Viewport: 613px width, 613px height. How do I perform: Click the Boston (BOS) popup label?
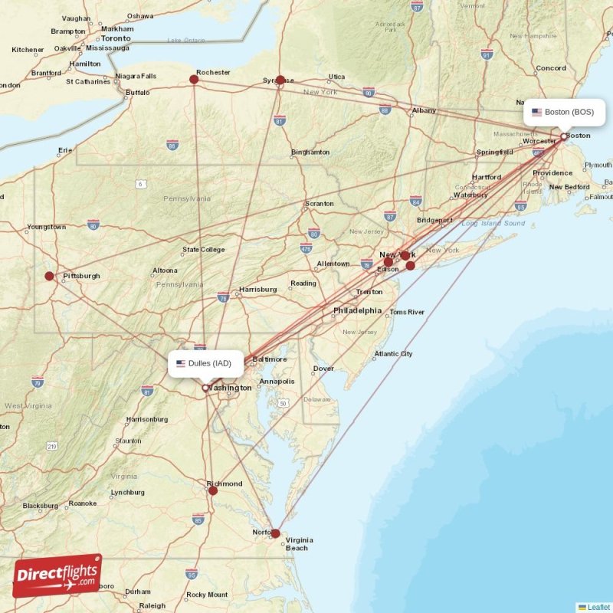[x=563, y=112]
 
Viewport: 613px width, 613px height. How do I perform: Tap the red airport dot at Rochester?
[x=194, y=79]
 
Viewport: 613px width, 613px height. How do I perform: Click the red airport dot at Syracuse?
[x=280, y=80]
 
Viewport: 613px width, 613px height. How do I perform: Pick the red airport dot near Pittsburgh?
[x=50, y=276]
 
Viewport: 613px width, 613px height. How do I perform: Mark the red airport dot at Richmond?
[x=213, y=490]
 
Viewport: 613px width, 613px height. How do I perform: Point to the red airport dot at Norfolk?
[x=276, y=534]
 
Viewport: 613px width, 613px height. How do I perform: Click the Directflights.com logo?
[x=57, y=576]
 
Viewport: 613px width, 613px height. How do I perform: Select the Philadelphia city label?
[x=357, y=310]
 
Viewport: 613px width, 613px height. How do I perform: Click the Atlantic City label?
[x=393, y=354]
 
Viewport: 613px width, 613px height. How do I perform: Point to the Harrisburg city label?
[x=257, y=290]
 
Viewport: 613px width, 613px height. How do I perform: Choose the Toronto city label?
[x=116, y=38]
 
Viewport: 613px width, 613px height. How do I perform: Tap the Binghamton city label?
[x=310, y=152]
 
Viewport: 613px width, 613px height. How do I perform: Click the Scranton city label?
[x=320, y=204]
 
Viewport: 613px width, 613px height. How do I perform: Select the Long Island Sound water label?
[x=493, y=223]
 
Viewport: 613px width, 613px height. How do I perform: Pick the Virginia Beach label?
[x=298, y=544]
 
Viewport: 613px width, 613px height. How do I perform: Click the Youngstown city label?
[x=47, y=227]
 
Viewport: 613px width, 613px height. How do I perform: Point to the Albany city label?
[x=424, y=111]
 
